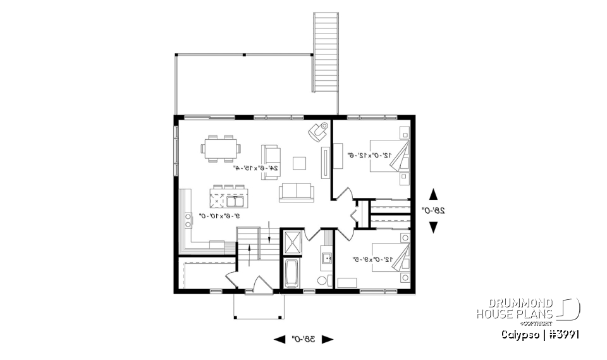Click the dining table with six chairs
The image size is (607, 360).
221,149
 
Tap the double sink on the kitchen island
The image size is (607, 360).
236,202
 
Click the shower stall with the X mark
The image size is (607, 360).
293,242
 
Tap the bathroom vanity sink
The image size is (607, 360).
328,258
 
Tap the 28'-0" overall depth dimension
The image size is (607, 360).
433,210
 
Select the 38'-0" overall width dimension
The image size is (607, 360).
303,339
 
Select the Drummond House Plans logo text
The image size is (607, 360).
515,308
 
